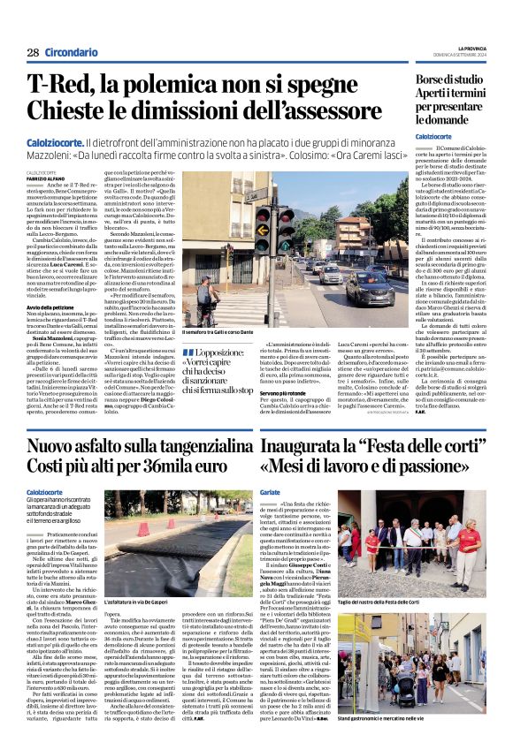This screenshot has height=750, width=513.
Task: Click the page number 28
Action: tap(32, 53)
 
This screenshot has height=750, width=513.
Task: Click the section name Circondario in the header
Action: tap(71, 53)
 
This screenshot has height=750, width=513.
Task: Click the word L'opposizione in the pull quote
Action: tap(218, 351)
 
